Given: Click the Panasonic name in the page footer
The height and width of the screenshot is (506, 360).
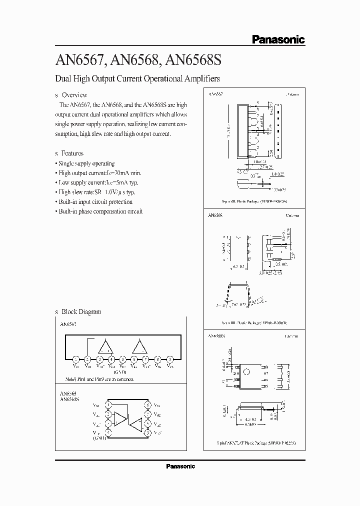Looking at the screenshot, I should click(x=180, y=466).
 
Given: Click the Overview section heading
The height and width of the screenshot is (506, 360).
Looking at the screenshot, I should click(x=73, y=95).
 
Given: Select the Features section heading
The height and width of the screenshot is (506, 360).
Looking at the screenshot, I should click(x=71, y=153).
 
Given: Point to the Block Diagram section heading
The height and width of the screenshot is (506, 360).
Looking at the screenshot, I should click(x=81, y=311).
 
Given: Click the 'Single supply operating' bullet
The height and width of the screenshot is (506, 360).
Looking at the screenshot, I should click(x=86, y=163).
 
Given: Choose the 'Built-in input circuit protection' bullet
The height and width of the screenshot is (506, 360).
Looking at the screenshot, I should click(x=95, y=202).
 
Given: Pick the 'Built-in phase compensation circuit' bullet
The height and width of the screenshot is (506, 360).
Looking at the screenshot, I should click(x=100, y=211).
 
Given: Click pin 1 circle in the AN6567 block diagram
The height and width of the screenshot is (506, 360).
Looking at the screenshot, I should click(x=75, y=359).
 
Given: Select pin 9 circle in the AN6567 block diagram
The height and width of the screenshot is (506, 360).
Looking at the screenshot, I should click(x=170, y=359).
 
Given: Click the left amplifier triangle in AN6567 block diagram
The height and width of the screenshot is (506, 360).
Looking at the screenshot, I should click(x=106, y=347).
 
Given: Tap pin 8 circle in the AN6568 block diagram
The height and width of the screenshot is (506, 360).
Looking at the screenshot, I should click(x=147, y=404).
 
